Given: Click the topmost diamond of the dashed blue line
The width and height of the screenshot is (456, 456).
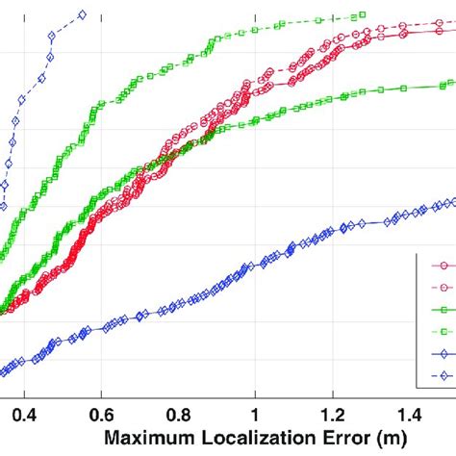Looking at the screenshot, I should point(82,14).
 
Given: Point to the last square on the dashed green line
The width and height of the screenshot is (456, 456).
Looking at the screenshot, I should point(363,14).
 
